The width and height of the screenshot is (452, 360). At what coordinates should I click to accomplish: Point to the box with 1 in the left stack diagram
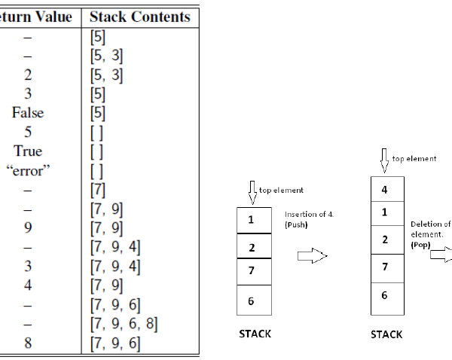[x=251, y=220]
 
